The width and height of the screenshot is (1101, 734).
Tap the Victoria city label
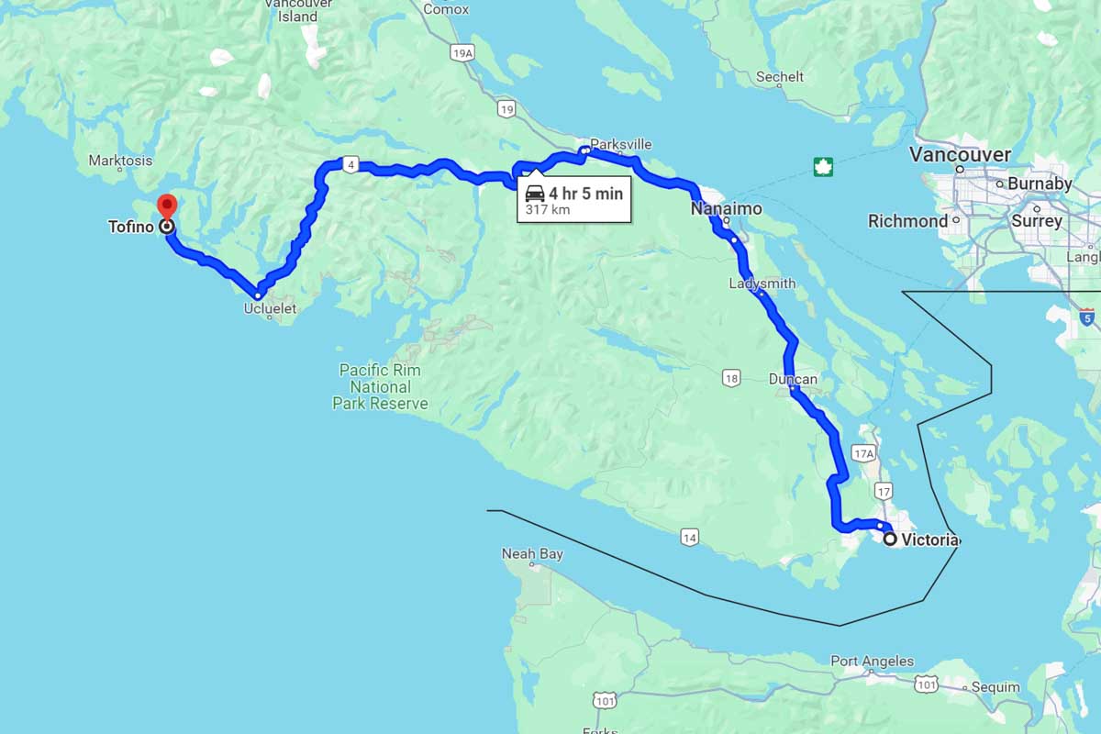(929, 540)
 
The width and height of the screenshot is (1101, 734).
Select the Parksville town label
(621, 144)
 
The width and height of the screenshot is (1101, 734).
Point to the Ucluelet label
(270, 309)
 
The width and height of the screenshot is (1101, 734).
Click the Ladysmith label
(762, 284)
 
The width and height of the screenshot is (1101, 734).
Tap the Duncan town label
(793, 379)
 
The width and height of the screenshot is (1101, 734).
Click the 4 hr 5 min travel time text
(585, 194)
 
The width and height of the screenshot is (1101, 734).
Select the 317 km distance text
(548, 210)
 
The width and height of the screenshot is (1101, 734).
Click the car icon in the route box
(535, 194)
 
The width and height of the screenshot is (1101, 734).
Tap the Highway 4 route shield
(350, 165)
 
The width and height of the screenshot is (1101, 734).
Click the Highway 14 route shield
(689, 537)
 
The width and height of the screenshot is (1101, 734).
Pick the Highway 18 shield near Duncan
(730, 377)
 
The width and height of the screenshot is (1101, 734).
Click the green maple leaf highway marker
(822, 167)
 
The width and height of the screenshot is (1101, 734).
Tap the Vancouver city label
(959, 154)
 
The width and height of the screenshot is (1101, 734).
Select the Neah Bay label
(532, 554)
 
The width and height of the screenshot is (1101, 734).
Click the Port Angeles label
(872, 661)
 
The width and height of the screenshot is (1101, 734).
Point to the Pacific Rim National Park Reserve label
(380, 386)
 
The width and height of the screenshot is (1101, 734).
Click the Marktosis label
(120, 161)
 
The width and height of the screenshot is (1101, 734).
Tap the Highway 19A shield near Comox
(462, 54)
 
